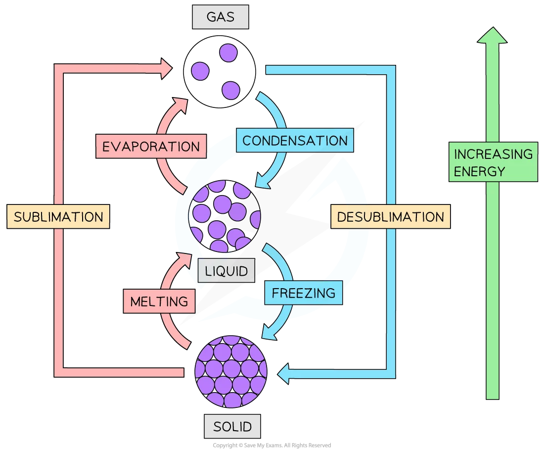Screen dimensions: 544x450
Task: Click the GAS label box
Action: pos(220,17)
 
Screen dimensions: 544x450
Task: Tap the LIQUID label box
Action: pos(226,270)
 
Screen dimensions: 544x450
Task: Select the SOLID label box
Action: pos(232,426)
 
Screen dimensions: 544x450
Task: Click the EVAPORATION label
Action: pos(151,146)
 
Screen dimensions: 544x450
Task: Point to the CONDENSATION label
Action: pos(295,140)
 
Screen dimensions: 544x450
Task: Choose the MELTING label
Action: pos(159,301)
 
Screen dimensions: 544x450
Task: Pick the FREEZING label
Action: pos(303,293)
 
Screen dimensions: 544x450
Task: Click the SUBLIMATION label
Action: pos(58,217)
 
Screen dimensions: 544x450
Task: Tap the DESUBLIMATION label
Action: pos(390,217)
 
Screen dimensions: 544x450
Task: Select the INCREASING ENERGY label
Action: pos(493,162)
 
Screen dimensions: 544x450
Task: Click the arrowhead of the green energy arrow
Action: pos(492,35)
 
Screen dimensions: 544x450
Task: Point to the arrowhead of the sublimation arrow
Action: pos(167,68)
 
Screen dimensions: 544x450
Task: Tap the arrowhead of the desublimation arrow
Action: pos(283,374)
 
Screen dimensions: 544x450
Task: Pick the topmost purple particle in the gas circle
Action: pos(228,53)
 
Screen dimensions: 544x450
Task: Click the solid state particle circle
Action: pos(231,371)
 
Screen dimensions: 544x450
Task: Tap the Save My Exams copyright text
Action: pos(272,445)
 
